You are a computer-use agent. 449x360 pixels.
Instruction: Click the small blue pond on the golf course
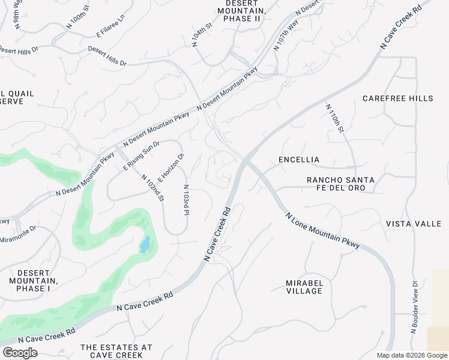coord(145,245)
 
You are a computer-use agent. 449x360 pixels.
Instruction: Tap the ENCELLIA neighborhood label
coord(299,160)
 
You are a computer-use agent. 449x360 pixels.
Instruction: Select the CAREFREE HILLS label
coord(397,98)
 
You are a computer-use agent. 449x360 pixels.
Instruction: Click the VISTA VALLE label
coord(414,224)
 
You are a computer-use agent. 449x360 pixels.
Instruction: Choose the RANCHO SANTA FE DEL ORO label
coord(340,184)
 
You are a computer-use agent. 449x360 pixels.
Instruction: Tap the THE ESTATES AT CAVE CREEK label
coord(116,352)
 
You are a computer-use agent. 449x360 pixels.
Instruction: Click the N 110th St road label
coord(334,118)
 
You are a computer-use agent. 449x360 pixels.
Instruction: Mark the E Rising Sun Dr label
coord(142,156)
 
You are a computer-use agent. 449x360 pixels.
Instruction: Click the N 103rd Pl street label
coord(186,200)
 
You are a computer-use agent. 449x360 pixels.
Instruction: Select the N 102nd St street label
coord(152,188)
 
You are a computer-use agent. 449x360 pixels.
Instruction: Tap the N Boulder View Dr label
coord(414,307)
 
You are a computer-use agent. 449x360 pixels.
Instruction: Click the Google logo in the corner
coord(20,352)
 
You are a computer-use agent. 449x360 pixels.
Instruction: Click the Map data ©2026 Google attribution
coord(412,355)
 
